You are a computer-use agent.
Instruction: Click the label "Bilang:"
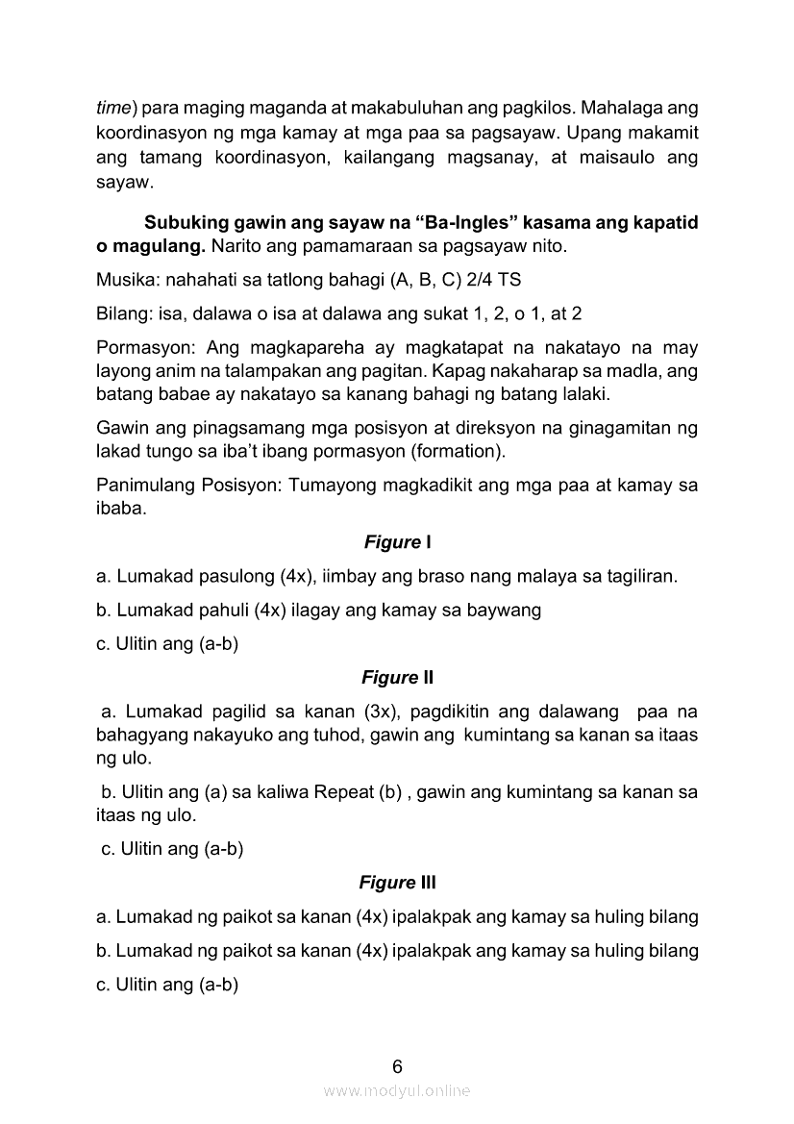(121, 314)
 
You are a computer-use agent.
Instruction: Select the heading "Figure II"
(397, 678)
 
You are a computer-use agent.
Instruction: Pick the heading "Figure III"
(397, 882)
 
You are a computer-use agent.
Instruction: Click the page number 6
(397, 1065)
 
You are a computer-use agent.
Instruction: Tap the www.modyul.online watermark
(397, 1090)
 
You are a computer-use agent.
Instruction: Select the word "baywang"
(509, 610)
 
